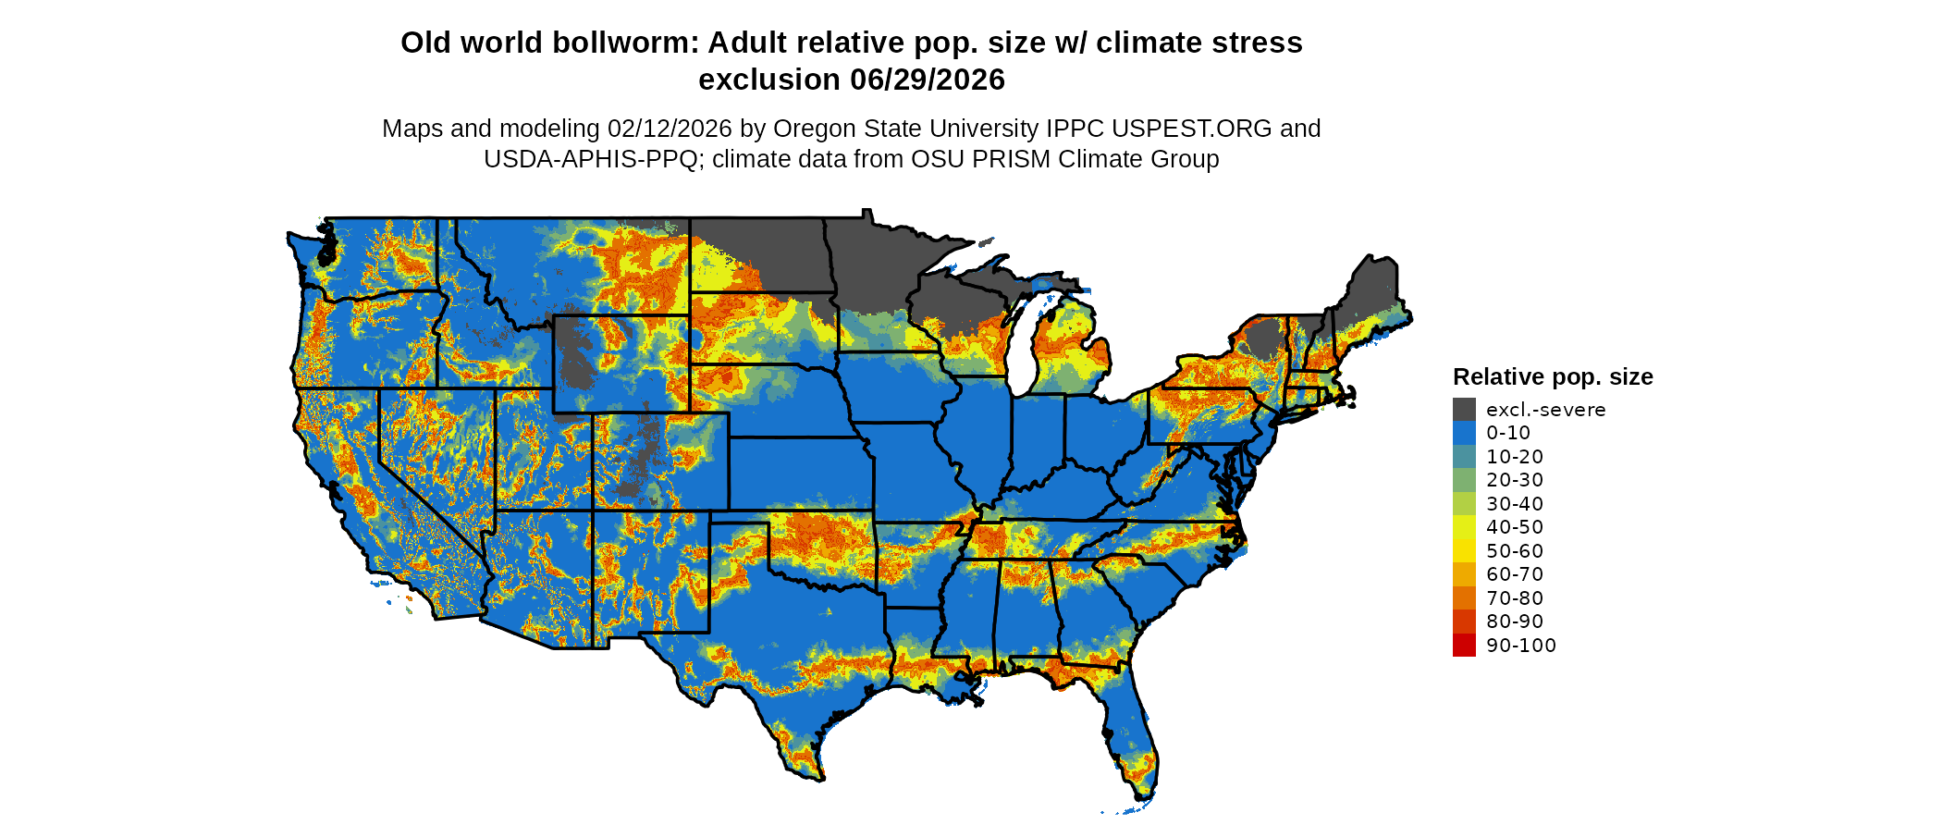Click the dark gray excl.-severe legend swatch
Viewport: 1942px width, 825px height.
[x=1464, y=410]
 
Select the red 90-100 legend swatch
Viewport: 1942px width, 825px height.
[x=1464, y=646]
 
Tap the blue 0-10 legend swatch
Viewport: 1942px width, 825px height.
[x=1464, y=433]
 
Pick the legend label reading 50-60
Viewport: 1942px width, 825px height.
[x=1515, y=551]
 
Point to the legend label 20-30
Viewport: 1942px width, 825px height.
[x=1515, y=480]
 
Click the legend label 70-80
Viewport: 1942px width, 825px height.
[x=1515, y=598]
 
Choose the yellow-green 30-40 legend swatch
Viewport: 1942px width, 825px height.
[x=1464, y=504]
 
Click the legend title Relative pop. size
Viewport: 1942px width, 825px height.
[x=1553, y=377]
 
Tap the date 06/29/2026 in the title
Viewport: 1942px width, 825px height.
[x=928, y=80]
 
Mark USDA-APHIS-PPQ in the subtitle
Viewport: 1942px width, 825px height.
[x=590, y=159]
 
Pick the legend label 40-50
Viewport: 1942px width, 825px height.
[x=1515, y=527]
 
